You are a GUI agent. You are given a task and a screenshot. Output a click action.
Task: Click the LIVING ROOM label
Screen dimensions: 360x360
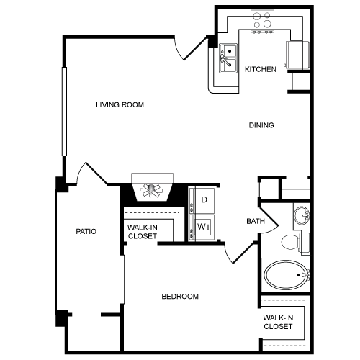click(x=120, y=105)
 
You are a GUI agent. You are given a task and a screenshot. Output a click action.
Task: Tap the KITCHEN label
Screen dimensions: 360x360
click(x=261, y=69)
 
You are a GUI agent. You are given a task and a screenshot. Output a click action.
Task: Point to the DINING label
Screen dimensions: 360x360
click(x=261, y=125)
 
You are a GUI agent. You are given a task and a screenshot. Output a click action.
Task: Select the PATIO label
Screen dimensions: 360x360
click(x=86, y=231)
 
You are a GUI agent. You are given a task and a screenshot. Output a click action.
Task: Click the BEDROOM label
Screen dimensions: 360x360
click(x=180, y=297)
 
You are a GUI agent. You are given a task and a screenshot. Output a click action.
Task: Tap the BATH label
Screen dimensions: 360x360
click(x=256, y=221)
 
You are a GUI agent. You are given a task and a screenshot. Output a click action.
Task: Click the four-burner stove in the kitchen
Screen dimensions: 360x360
click(x=262, y=21)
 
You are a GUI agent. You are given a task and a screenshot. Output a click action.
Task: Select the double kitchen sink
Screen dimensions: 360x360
click(x=228, y=58)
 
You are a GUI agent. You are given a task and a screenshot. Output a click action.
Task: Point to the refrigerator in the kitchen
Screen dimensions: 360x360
click(x=297, y=55)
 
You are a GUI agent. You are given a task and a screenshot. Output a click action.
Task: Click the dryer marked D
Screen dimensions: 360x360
click(x=204, y=200)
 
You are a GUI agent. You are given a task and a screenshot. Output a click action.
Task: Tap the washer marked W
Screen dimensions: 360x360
click(x=204, y=228)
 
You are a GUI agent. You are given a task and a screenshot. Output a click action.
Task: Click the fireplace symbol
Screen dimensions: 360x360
click(x=152, y=187)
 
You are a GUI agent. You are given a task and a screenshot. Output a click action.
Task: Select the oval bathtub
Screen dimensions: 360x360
click(x=286, y=275)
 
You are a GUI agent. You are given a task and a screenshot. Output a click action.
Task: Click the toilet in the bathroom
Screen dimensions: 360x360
click(x=295, y=243)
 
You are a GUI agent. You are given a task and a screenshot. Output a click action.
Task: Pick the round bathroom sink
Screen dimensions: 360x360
click(x=302, y=215)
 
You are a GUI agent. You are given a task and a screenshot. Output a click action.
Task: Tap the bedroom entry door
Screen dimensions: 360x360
click(x=239, y=253)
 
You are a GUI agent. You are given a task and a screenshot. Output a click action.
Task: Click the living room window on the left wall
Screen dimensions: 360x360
click(x=64, y=112)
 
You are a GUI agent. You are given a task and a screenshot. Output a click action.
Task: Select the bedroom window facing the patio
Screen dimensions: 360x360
click(x=122, y=279)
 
